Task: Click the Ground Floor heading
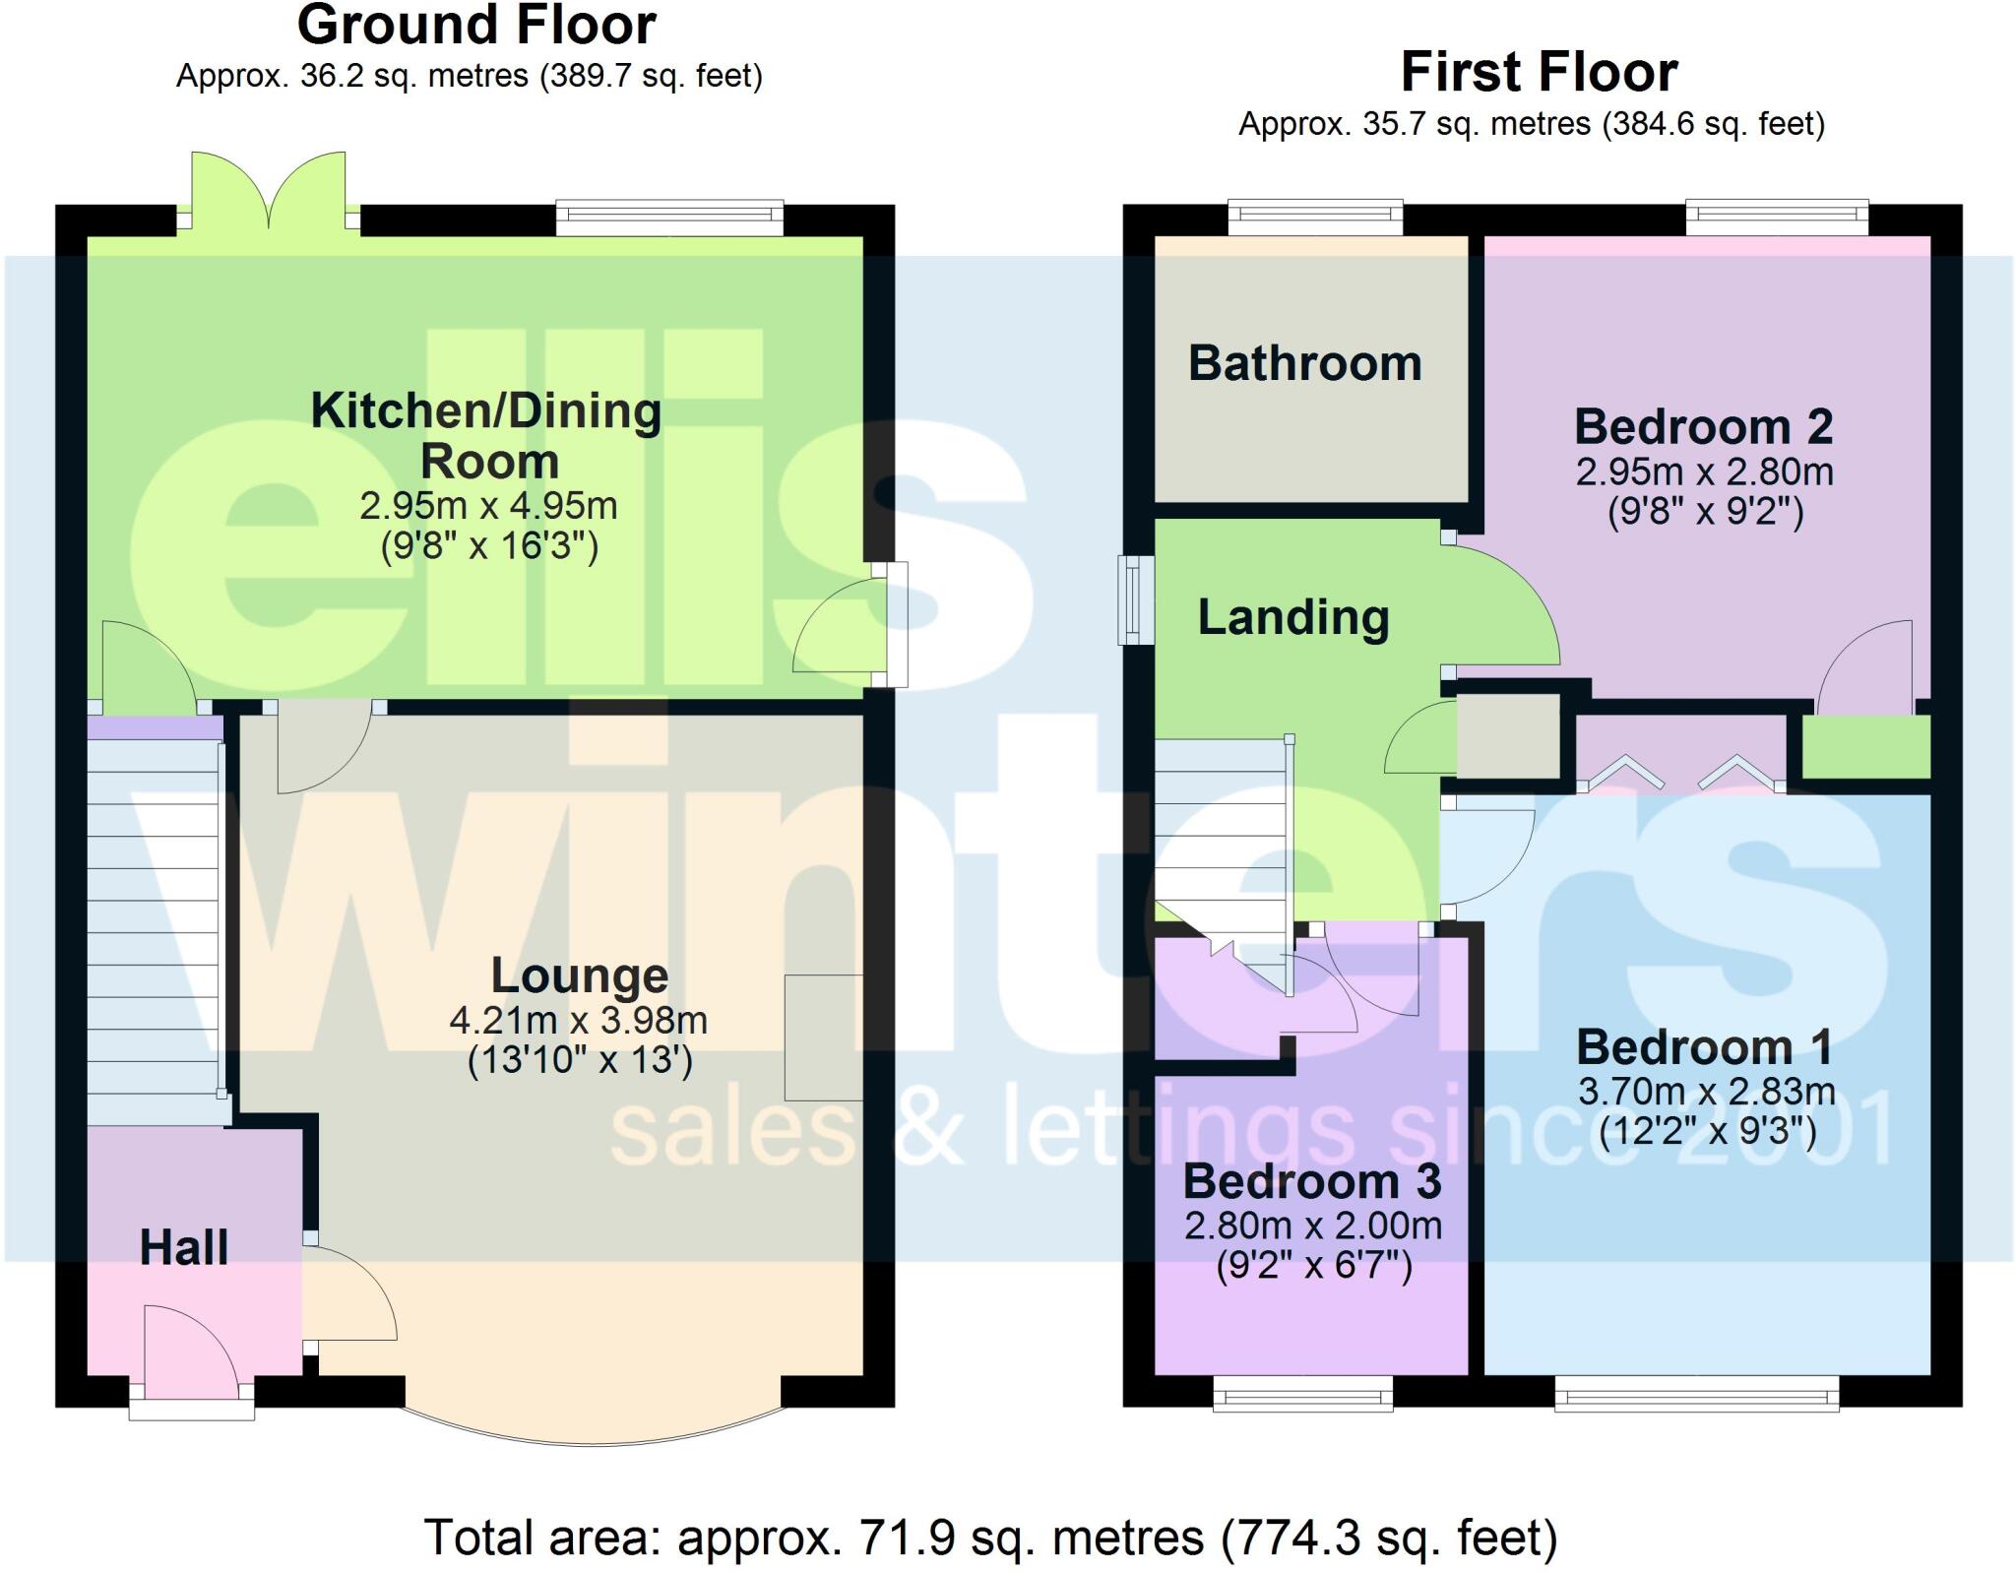[x=476, y=26]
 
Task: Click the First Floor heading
[x=1539, y=73]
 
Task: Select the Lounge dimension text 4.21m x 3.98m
[x=579, y=1021]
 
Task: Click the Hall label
[x=184, y=1248]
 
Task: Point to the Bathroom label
[x=1305, y=363]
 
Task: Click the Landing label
[x=1293, y=617]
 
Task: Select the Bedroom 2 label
[x=1703, y=427]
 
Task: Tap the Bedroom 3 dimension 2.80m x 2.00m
[x=1313, y=1226]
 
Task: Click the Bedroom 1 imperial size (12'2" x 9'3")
[x=1707, y=1132]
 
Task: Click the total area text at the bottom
[x=990, y=1538]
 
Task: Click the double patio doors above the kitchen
[x=269, y=192]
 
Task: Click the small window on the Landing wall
[x=1136, y=599]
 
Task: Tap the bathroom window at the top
[x=1315, y=218]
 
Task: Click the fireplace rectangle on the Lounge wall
[x=824, y=1037]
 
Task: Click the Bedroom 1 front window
[x=1696, y=1393]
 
